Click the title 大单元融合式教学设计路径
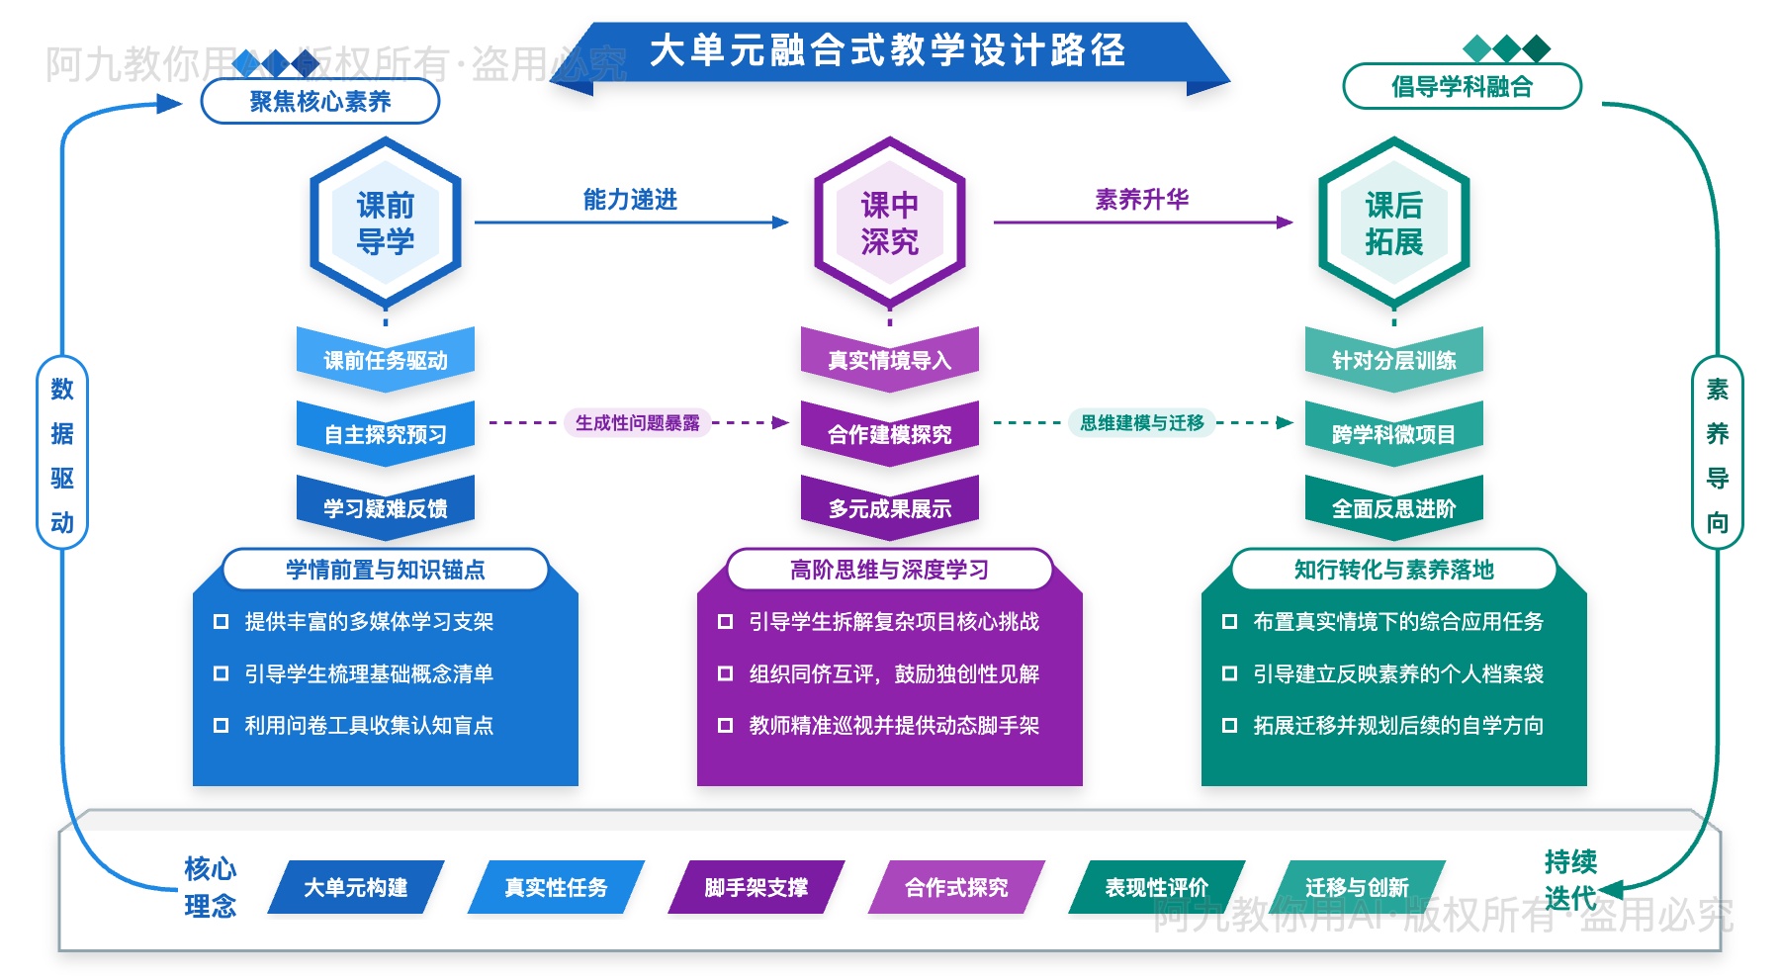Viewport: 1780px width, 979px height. (887, 50)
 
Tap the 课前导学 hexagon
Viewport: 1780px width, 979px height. (385, 222)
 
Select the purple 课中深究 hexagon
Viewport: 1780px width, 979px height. (889, 222)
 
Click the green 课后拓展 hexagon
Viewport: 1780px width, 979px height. (1393, 222)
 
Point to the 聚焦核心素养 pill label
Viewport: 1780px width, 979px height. (320, 101)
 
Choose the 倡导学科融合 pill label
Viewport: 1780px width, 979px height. (1462, 87)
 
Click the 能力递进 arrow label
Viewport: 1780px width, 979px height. (630, 200)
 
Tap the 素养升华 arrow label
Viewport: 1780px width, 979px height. (1141, 200)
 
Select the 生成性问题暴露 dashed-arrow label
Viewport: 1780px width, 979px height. (637, 423)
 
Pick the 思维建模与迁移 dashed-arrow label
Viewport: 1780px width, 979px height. (1141, 423)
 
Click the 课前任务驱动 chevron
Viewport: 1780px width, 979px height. (385, 360)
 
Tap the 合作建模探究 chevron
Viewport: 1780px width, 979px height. (889, 434)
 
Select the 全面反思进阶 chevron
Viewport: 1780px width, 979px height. (1393, 508)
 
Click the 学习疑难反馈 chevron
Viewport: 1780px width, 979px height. (385, 508)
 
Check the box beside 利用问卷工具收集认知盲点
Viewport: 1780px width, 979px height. (221, 726)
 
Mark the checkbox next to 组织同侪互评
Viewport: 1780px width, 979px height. (725, 674)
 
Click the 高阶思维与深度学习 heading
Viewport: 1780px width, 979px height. (889, 570)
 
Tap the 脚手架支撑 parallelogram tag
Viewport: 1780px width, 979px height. (756, 887)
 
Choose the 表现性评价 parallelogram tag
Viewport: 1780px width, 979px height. (1156, 887)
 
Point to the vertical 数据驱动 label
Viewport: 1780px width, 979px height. (62, 455)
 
